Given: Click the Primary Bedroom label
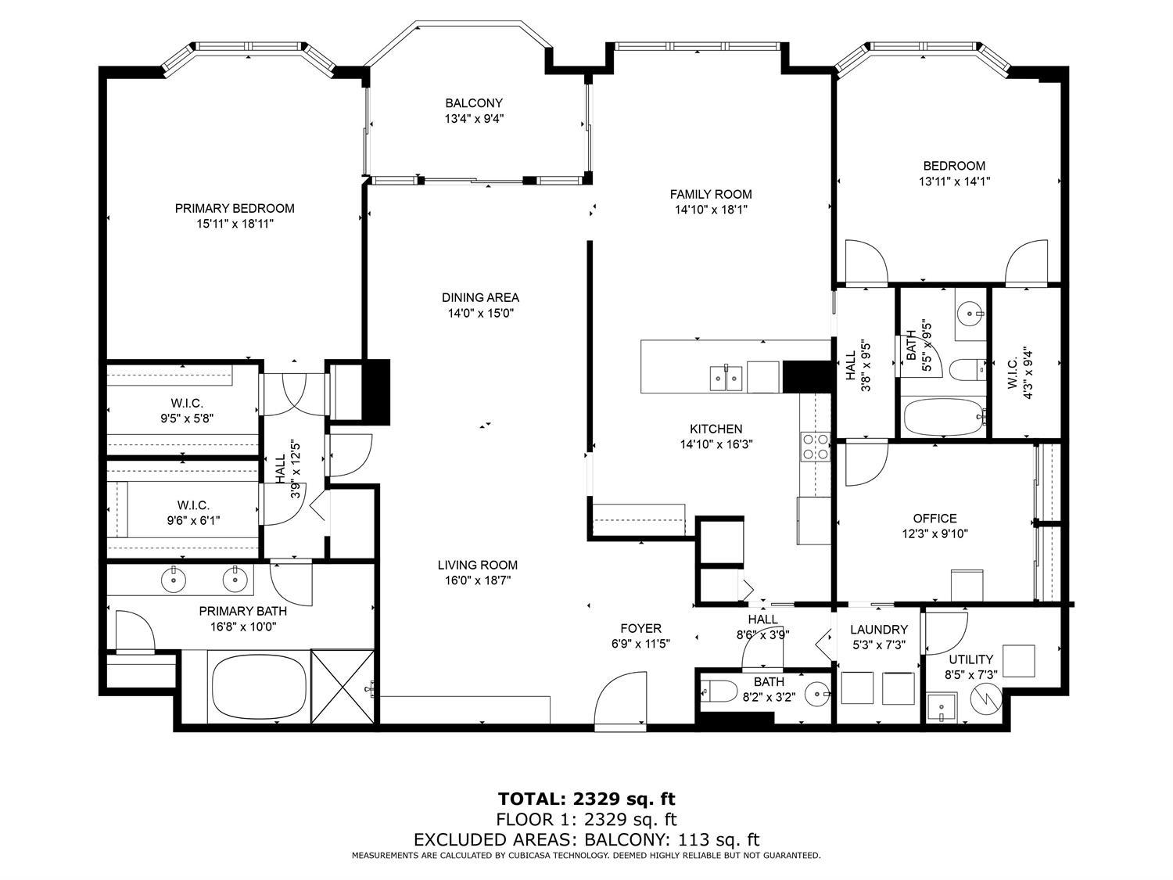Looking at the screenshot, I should (x=235, y=208).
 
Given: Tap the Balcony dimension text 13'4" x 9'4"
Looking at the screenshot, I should (x=474, y=119).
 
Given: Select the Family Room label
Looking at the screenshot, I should (x=711, y=194).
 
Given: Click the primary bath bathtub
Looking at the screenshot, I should (x=257, y=686).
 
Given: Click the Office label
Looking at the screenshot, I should (x=934, y=518).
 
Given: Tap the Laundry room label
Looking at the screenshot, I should (x=879, y=630).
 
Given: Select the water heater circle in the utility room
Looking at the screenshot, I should (x=985, y=695).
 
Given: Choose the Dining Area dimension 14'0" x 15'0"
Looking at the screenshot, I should (x=480, y=313).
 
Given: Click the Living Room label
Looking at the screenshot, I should (x=477, y=565).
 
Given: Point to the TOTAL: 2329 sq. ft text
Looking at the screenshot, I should (x=586, y=799).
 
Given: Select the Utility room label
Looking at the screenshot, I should (x=970, y=659).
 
